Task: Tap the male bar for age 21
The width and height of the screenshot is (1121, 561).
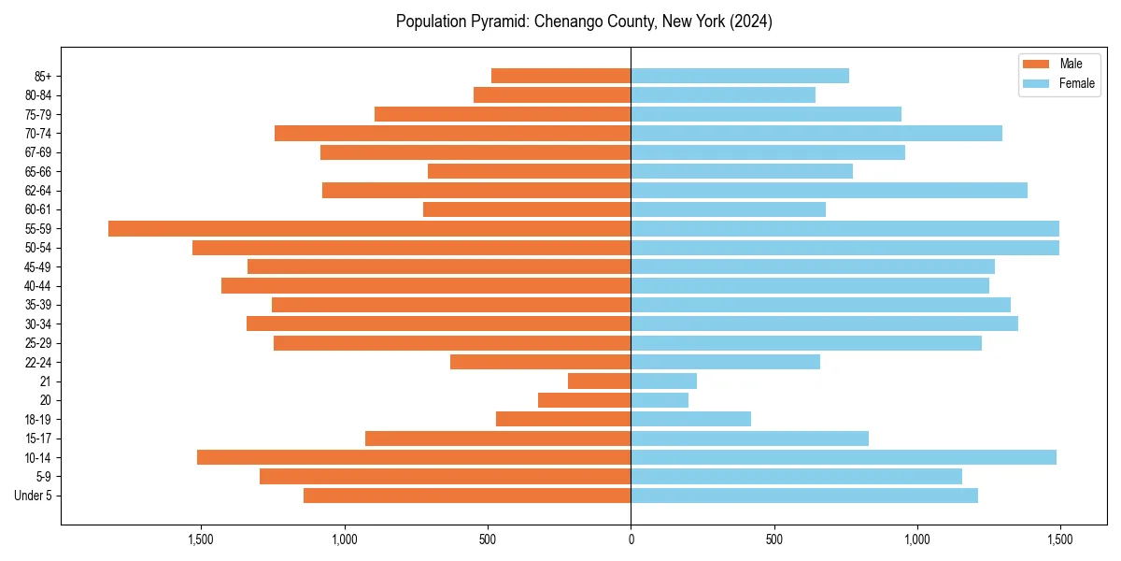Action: tap(599, 381)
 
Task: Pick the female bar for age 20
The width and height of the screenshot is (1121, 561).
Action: tap(660, 400)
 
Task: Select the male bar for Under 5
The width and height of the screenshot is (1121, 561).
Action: tap(467, 496)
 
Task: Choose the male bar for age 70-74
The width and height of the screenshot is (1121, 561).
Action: tap(452, 134)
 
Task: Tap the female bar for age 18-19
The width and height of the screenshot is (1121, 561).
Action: tap(690, 419)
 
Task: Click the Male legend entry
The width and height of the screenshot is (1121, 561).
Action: tap(1071, 64)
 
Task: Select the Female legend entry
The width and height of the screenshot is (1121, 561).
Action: tap(1076, 83)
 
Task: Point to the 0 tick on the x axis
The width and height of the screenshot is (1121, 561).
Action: tap(631, 539)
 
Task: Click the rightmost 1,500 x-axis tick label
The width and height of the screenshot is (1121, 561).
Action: tap(1059, 539)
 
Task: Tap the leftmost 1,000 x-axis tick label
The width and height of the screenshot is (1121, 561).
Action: tap(345, 539)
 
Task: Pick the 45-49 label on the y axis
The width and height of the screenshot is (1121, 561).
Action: tap(37, 267)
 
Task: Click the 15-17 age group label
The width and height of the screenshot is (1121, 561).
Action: tap(37, 439)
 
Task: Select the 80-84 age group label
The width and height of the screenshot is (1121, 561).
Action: tap(37, 95)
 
